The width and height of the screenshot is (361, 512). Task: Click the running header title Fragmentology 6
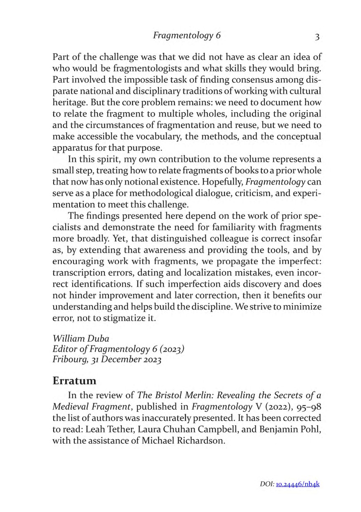(187, 36)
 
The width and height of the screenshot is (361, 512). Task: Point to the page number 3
(317, 37)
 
